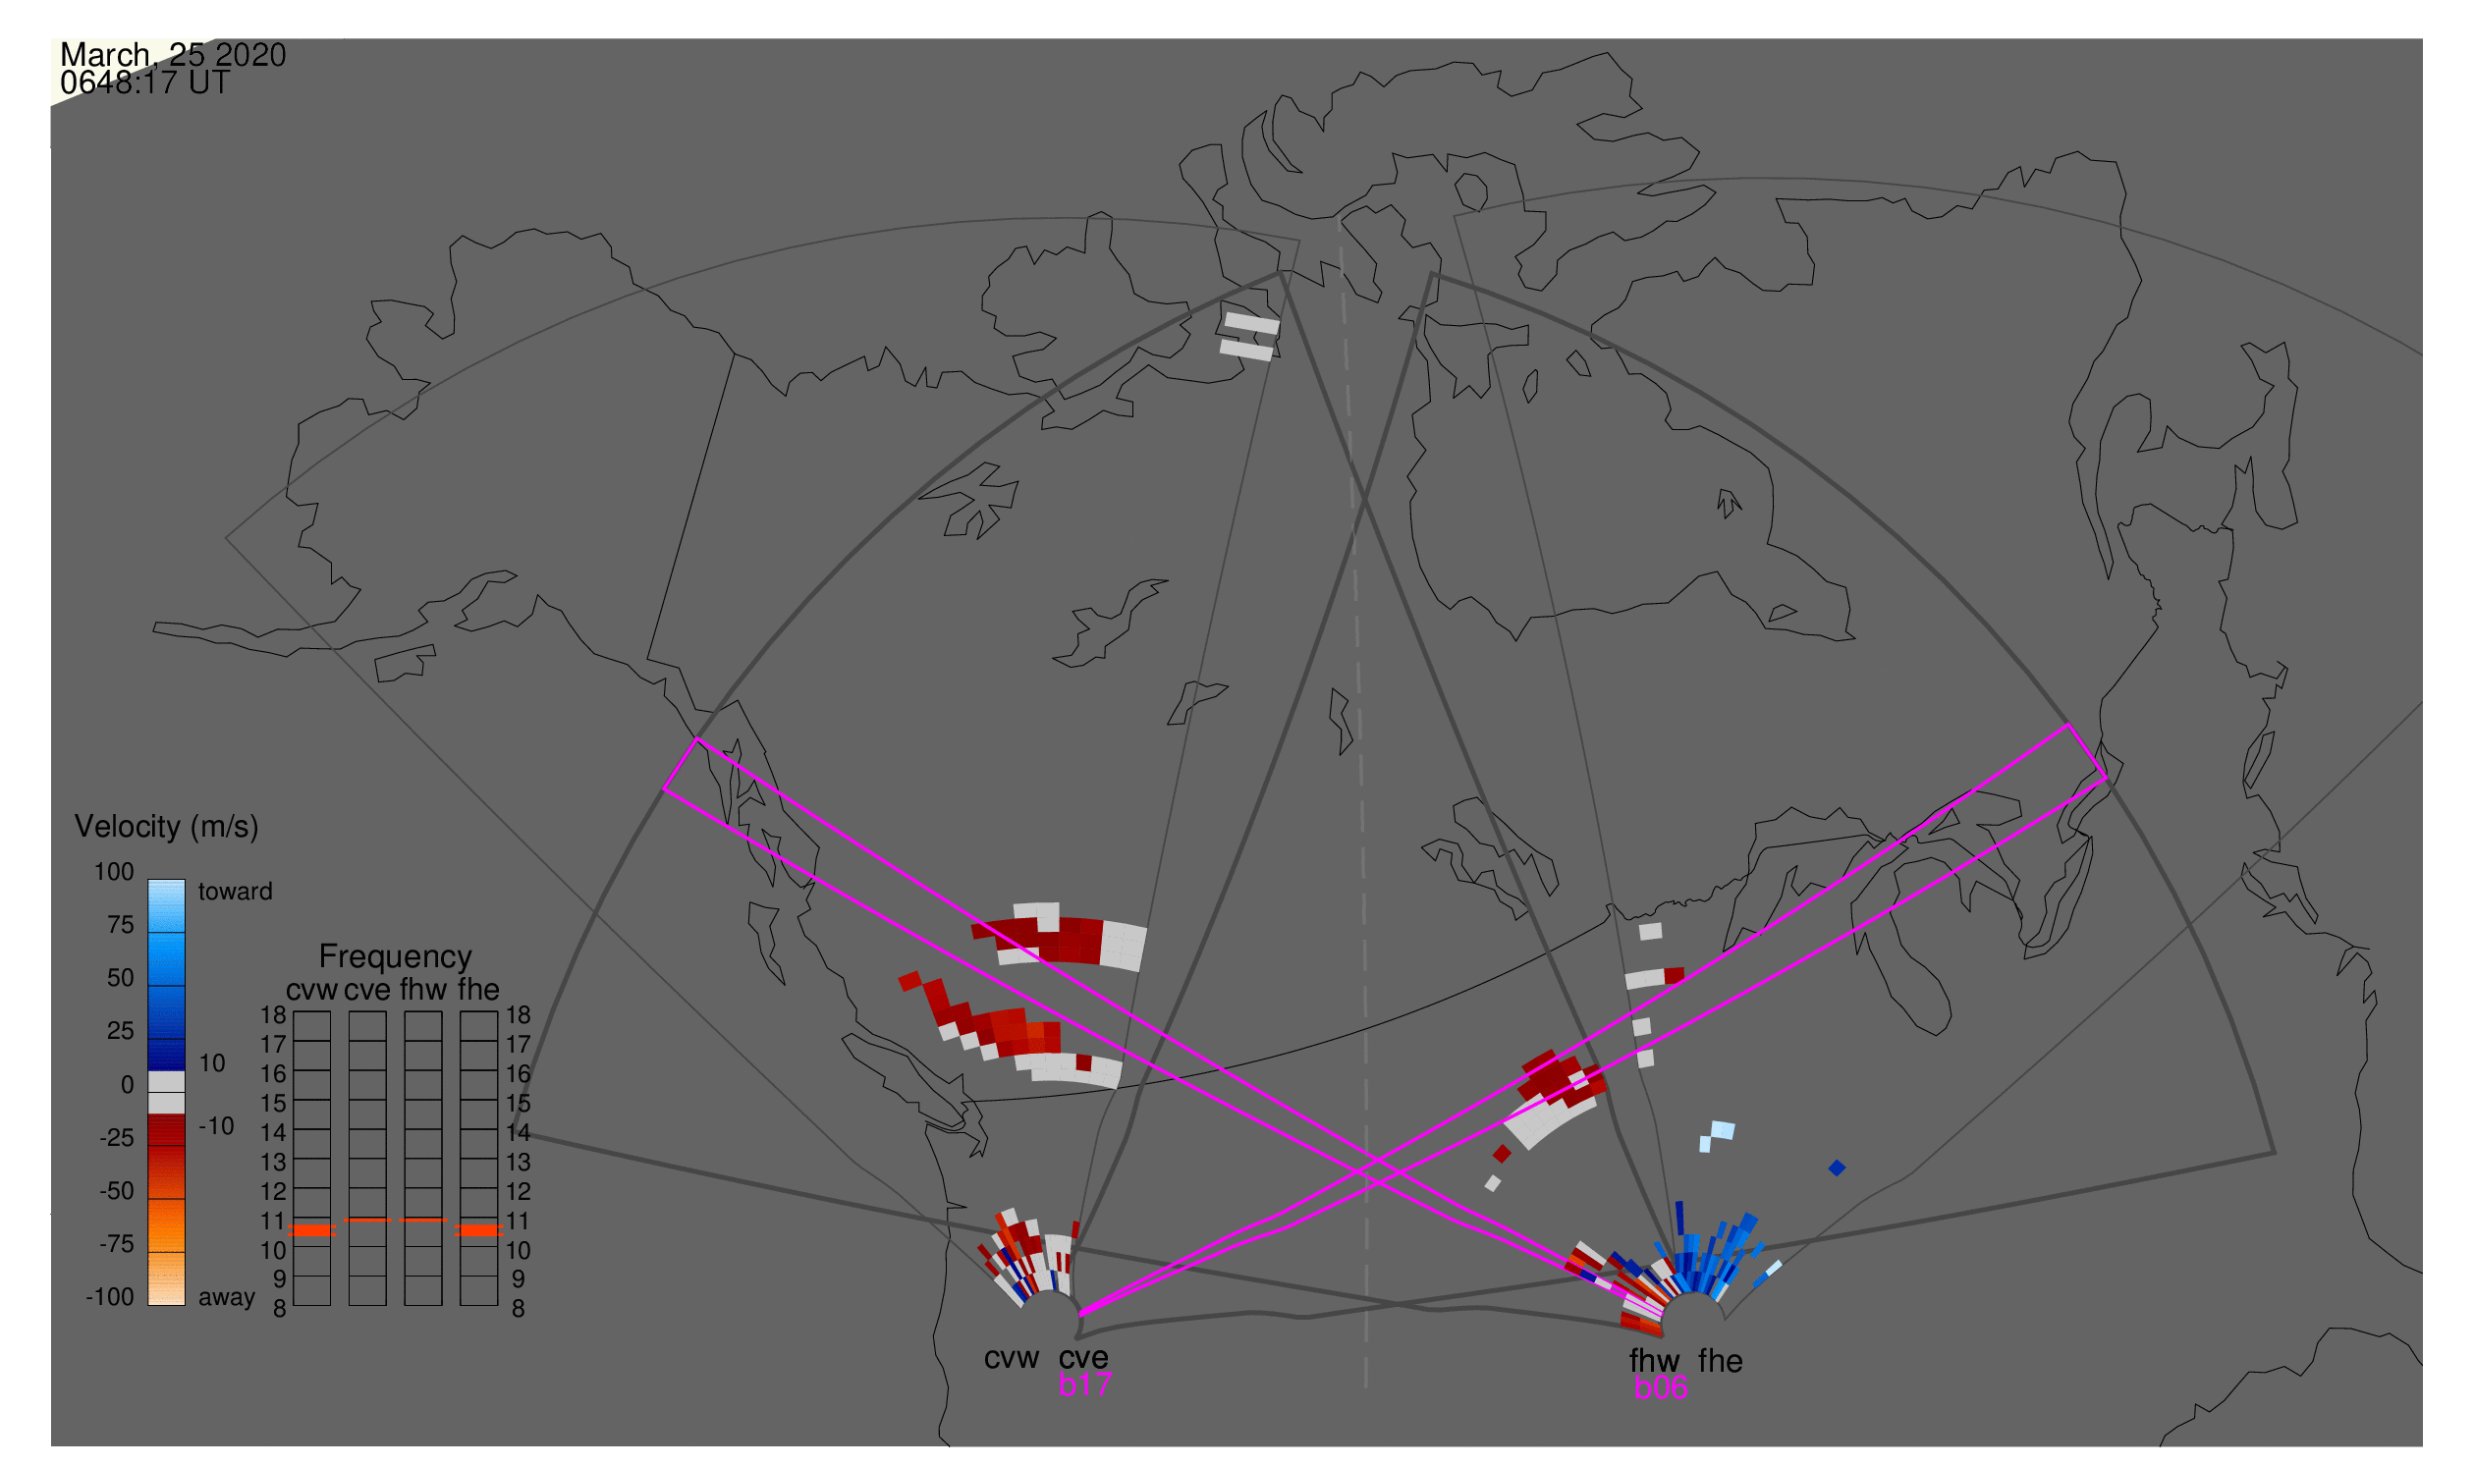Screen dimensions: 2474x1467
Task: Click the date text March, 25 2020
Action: (x=173, y=55)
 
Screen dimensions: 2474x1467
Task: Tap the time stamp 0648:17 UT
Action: (x=145, y=83)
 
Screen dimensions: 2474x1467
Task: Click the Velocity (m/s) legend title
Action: (x=166, y=828)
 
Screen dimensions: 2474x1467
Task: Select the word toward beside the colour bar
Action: (x=236, y=892)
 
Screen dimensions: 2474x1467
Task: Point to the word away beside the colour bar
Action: (x=227, y=1298)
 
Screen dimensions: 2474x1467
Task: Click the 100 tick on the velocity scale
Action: (x=114, y=872)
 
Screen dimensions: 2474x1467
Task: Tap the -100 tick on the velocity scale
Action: (x=110, y=1297)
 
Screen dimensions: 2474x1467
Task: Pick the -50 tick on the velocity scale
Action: (x=117, y=1191)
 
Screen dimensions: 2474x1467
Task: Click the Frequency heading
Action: (x=395, y=957)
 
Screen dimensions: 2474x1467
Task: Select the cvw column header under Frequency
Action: (x=311, y=991)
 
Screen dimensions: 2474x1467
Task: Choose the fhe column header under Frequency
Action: (x=478, y=991)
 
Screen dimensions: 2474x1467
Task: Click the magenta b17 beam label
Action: (x=1084, y=1385)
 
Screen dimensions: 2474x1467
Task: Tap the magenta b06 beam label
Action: (x=1660, y=1387)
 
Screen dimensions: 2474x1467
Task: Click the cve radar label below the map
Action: (x=1083, y=1358)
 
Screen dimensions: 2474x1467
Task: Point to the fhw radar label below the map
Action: (x=1654, y=1361)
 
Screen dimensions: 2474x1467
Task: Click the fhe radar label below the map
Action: (x=1721, y=1361)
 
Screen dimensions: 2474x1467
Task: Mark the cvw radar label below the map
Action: (x=1012, y=1358)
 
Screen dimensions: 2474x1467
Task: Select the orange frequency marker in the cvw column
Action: (x=311, y=1230)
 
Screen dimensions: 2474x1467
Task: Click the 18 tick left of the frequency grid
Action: (x=273, y=1015)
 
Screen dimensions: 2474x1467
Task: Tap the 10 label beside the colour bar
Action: (x=212, y=1063)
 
